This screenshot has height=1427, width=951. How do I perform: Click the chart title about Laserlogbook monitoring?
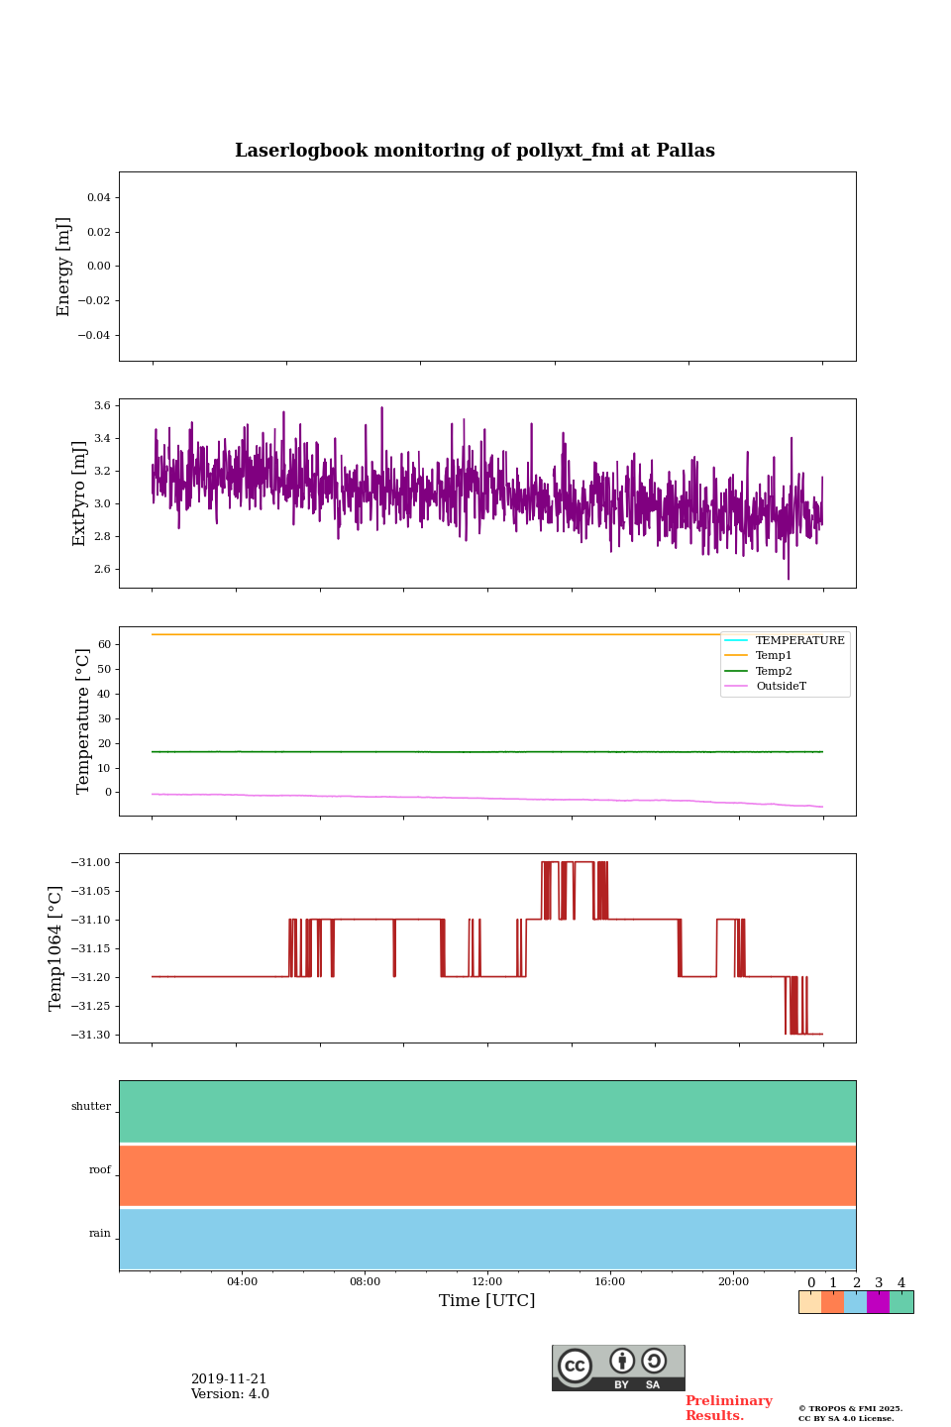pyautogui.click(x=475, y=151)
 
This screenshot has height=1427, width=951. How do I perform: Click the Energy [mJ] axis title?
pyautogui.click(x=64, y=267)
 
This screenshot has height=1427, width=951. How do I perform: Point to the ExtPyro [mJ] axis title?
pyautogui.click(x=80, y=494)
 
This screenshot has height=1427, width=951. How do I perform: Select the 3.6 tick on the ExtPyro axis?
pyautogui.click(x=101, y=405)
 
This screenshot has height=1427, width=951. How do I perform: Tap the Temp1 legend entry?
pyautogui.click(x=774, y=656)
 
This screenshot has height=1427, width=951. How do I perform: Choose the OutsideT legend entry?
pyautogui.click(x=781, y=687)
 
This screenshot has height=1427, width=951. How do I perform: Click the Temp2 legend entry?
pyautogui.click(x=774, y=671)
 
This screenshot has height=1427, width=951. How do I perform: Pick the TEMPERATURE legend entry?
pyautogui.click(x=799, y=640)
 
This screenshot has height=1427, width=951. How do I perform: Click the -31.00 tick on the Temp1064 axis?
pyautogui.click(x=91, y=862)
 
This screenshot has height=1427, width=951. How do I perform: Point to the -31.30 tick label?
pyautogui.click(x=91, y=1035)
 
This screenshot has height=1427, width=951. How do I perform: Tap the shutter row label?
pyautogui.click(x=91, y=1107)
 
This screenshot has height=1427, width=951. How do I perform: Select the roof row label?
pyautogui.click(x=100, y=1170)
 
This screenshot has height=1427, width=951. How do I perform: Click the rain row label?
pyautogui.click(x=100, y=1234)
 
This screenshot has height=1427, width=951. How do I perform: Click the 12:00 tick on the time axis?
pyautogui.click(x=487, y=1282)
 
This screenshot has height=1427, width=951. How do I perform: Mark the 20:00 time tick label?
pyautogui.click(x=733, y=1282)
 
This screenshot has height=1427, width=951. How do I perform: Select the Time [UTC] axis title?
pyautogui.click(x=487, y=1301)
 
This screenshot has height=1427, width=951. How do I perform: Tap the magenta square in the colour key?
pyautogui.click(x=878, y=1302)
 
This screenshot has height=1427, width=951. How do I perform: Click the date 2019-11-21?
pyautogui.click(x=229, y=1379)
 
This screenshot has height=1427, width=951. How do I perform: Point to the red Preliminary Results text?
pyautogui.click(x=728, y=1408)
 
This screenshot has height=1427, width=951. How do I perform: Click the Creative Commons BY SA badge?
pyautogui.click(x=618, y=1368)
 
